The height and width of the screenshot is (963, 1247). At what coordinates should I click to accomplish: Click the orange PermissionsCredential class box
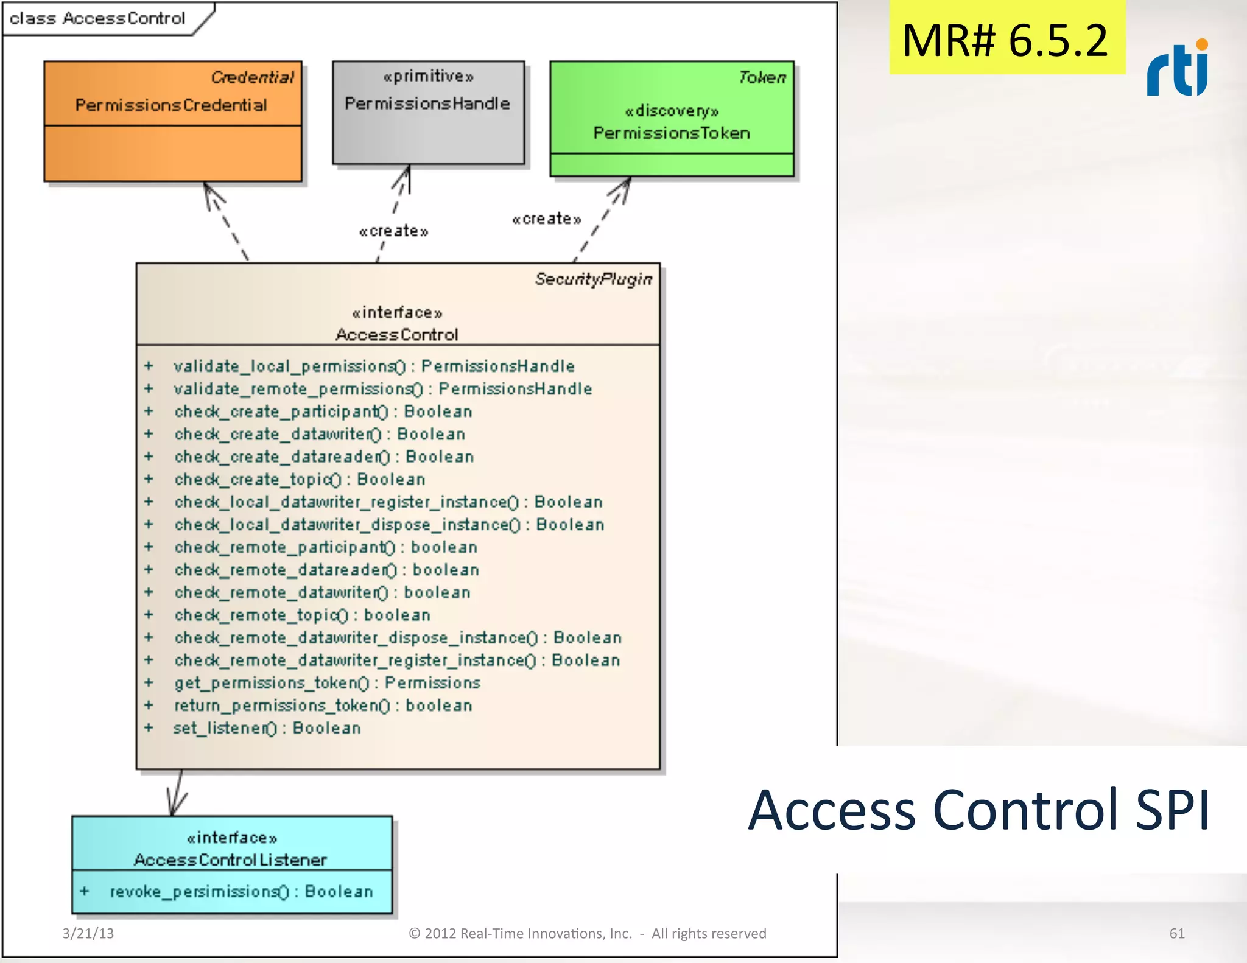tap(172, 121)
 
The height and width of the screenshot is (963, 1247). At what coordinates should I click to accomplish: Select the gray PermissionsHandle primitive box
tap(428, 113)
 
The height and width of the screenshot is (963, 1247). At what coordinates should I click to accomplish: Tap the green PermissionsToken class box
tap(672, 119)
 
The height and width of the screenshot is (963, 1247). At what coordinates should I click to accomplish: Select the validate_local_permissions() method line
tap(374, 366)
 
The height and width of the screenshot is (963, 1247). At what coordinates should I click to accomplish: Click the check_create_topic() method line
tap(300, 480)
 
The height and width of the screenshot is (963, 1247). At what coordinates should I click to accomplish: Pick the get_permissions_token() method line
tap(327, 683)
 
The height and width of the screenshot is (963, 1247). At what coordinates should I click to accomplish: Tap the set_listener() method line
tap(267, 728)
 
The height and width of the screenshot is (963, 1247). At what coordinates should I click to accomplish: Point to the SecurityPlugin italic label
tap(593, 279)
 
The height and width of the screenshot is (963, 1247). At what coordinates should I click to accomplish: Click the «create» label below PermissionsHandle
tap(393, 231)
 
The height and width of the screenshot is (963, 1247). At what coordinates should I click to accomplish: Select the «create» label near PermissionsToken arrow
tap(546, 219)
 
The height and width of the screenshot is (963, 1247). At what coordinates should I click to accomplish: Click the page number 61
tap(1176, 933)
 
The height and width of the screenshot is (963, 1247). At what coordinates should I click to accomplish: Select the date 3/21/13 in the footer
tap(88, 933)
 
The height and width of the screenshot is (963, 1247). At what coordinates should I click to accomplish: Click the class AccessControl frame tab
tap(97, 18)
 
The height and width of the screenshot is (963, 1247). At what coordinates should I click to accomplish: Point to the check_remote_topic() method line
tap(302, 615)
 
